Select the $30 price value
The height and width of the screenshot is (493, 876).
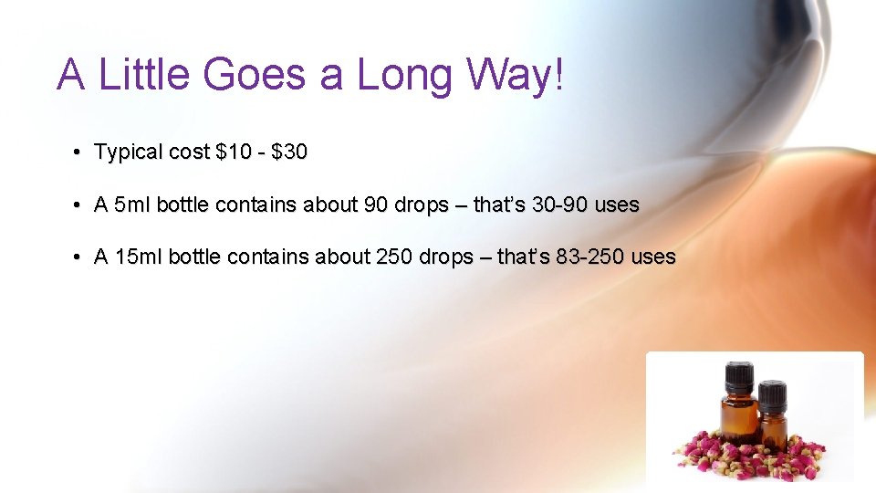click(289, 152)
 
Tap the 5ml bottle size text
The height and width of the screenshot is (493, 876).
click(133, 205)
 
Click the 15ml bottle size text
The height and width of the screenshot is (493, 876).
click(139, 257)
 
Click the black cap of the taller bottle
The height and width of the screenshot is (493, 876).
click(739, 376)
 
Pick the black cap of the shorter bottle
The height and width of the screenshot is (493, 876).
click(772, 394)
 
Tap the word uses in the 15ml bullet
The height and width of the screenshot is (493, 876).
click(653, 257)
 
